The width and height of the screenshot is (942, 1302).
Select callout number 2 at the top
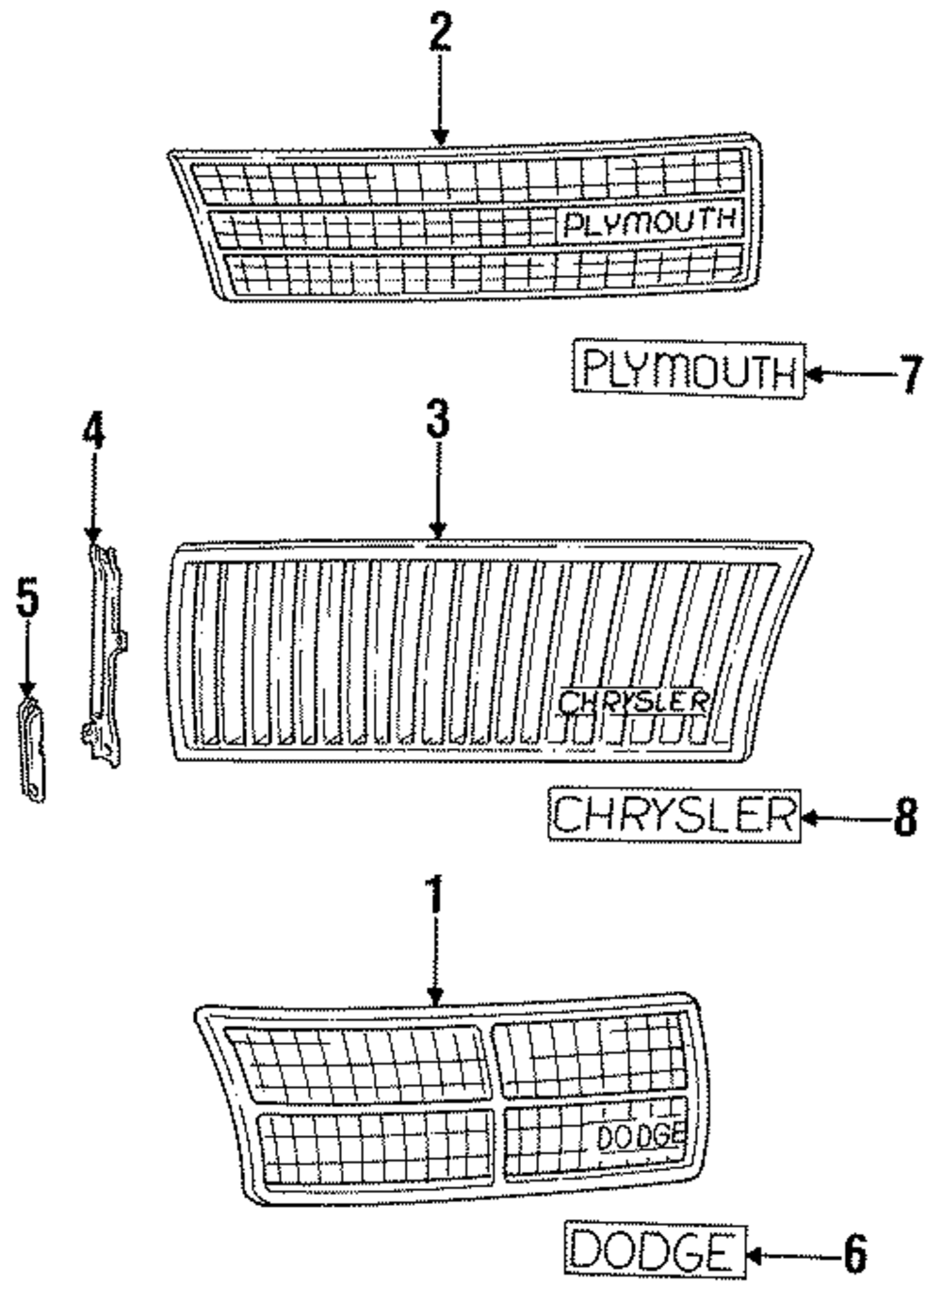click(x=440, y=33)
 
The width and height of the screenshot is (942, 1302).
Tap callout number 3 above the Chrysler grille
click(x=437, y=420)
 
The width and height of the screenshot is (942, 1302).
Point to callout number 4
click(x=92, y=436)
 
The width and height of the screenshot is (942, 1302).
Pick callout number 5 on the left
click(x=28, y=600)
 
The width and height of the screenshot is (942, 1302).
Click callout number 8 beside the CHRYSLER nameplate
click(x=904, y=816)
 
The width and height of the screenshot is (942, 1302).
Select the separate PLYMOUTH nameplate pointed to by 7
click(x=689, y=369)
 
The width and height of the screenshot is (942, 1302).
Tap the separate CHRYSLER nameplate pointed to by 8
click(x=674, y=815)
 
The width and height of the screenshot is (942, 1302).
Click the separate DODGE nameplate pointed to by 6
click(x=655, y=1251)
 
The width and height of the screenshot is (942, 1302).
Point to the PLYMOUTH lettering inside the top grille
click(x=649, y=223)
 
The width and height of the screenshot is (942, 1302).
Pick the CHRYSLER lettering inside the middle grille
click(x=633, y=700)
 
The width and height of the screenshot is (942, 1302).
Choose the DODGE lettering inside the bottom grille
click(x=641, y=1136)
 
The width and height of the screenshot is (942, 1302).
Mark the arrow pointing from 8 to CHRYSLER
click(x=843, y=817)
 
